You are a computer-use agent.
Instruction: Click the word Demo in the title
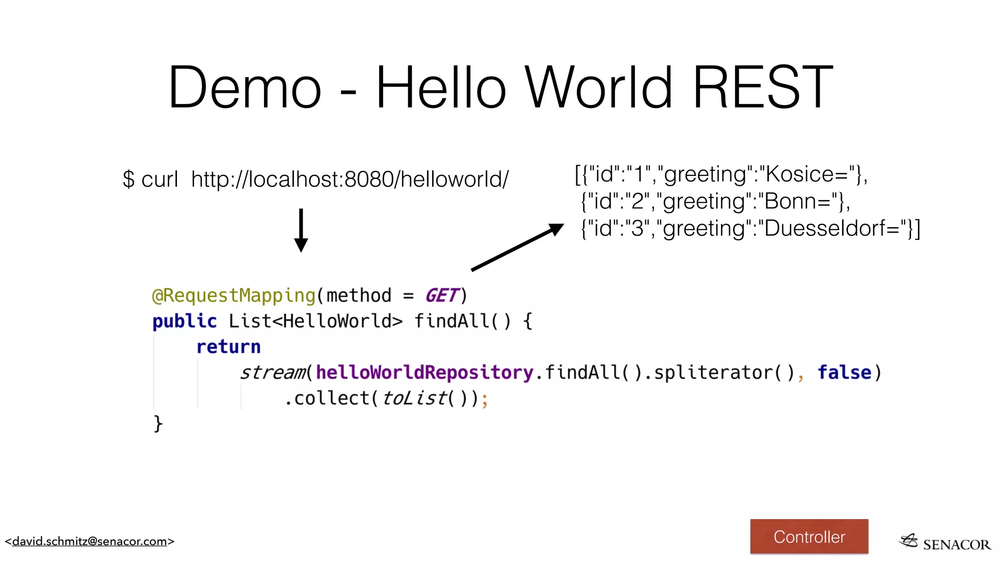244,88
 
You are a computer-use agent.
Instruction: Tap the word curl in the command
159,179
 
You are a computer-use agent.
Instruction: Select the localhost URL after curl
349,179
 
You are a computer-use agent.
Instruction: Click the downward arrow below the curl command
301,231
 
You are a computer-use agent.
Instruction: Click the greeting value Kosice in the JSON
806,174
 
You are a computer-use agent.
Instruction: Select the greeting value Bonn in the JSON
797,201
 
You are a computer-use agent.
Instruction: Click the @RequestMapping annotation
234,296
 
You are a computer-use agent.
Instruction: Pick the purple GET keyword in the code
442,296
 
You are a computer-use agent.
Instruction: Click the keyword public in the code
184,322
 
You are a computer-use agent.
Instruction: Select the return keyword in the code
228,347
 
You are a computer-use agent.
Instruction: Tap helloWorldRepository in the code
424,372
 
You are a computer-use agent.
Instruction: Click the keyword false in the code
844,372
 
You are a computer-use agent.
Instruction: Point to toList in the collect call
414,398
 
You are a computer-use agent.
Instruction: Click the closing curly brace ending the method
158,423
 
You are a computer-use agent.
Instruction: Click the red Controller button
809,537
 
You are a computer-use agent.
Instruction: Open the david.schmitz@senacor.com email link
89,541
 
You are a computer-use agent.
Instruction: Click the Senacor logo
944,542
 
